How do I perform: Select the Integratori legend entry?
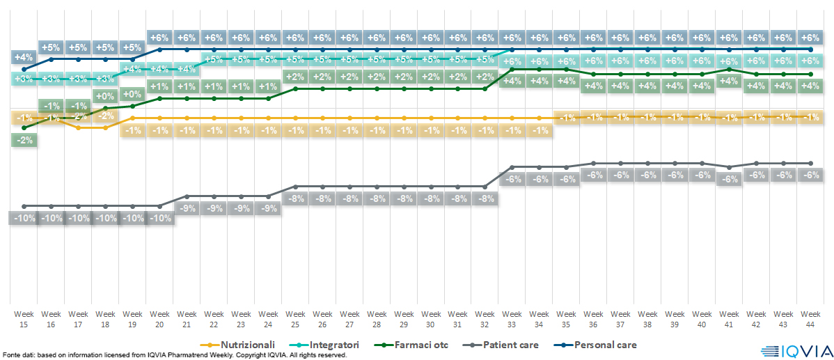coord(331,345)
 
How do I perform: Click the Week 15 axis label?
coord(24,318)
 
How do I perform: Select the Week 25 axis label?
coord(295,318)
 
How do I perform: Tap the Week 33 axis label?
coord(512,318)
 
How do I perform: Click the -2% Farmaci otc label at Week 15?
coord(24,140)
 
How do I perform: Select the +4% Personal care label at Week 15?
coord(24,57)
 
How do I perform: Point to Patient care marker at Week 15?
coord(24,206)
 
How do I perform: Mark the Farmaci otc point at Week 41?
coord(728,69)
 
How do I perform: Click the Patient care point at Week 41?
coord(728,167)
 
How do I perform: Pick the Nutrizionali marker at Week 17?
coord(79,127)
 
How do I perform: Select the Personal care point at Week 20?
coord(160,49)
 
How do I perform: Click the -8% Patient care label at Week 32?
coord(485,198)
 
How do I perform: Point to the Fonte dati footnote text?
coord(174,355)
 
